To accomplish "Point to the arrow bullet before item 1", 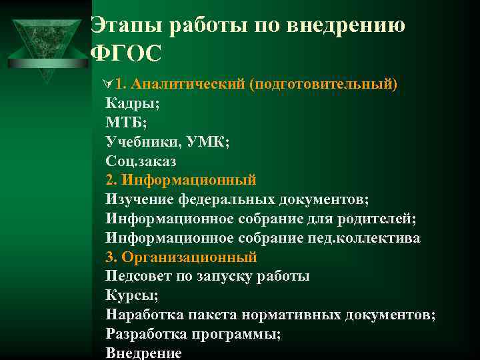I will (109, 85).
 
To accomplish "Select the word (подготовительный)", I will (323, 84).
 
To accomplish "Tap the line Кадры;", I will (131, 103).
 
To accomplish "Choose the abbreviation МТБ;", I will (126, 122).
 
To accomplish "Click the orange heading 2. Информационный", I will (181, 180).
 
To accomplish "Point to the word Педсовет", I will (137, 276).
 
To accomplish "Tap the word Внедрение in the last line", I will (143, 353).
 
